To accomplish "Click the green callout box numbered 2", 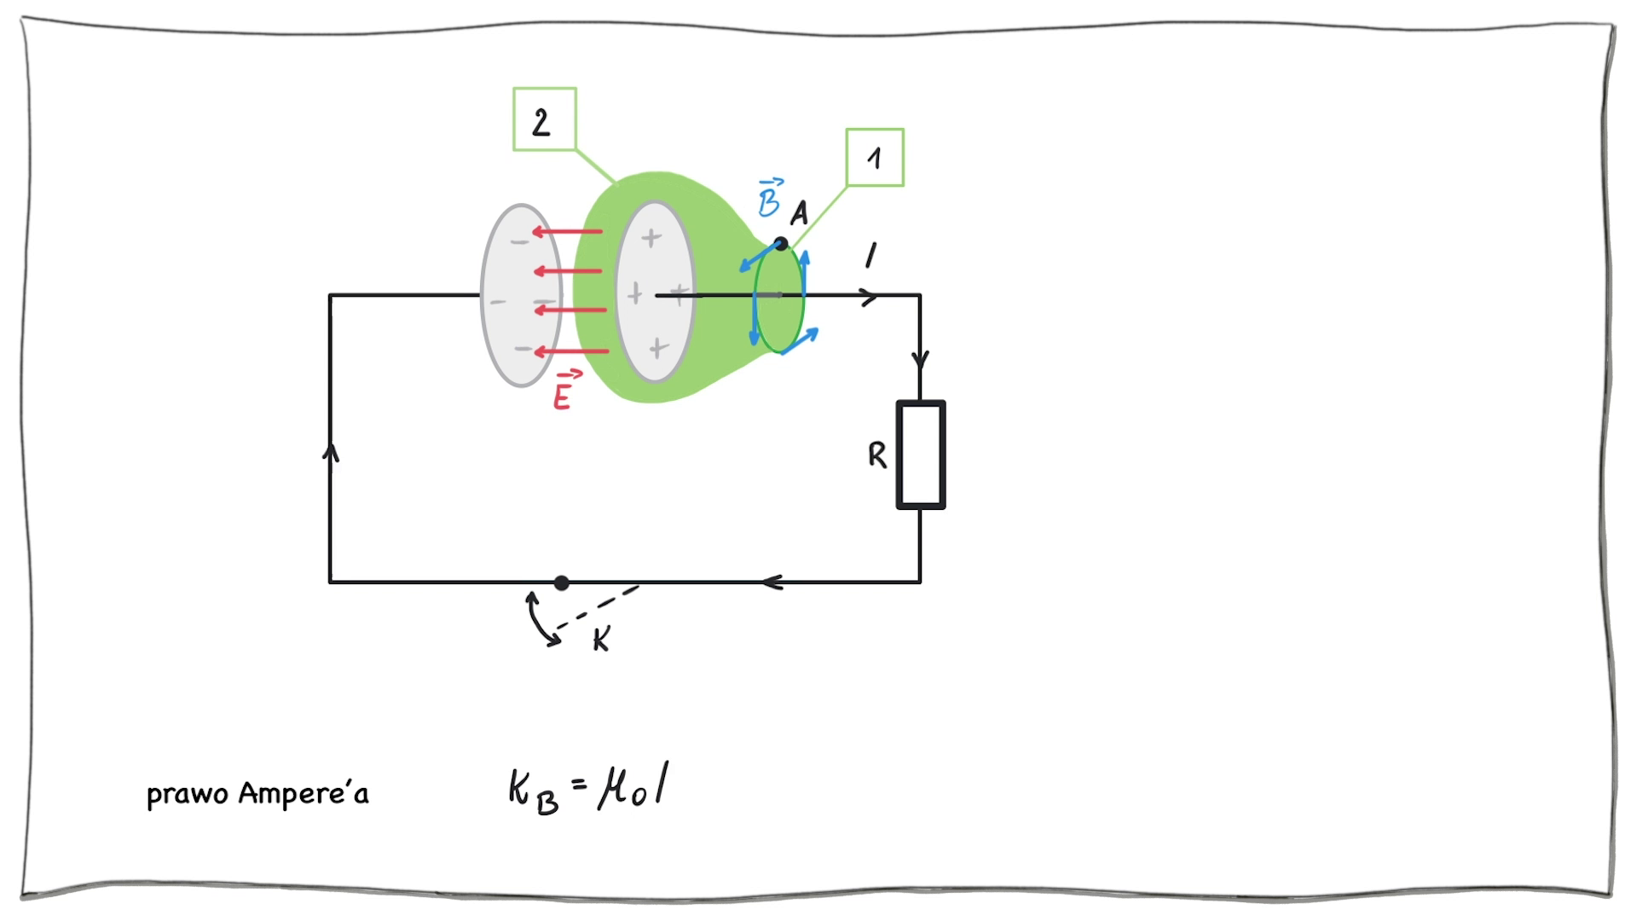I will click(544, 119).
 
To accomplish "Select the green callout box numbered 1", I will click(874, 157).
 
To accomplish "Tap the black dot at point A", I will click(780, 244).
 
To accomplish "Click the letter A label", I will click(799, 213).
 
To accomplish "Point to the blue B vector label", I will click(769, 198).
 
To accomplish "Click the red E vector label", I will click(564, 391).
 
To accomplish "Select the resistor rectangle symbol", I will click(921, 455).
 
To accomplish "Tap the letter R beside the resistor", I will click(876, 455).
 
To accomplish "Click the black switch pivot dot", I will click(561, 582).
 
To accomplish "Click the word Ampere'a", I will click(304, 793).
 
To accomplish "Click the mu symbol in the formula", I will click(616, 788).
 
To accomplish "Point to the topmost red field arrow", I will click(567, 231).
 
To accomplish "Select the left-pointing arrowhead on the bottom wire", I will click(772, 582).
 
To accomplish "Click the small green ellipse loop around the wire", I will click(779, 298).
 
